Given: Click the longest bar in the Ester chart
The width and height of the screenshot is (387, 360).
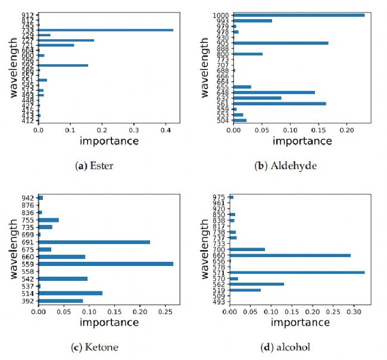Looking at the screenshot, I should (105, 30).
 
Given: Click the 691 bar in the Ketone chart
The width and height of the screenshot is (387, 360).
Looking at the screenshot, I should (94, 242).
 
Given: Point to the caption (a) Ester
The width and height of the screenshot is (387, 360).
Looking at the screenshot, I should (96, 165).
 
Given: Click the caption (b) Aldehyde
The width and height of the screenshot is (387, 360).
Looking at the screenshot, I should (291, 165).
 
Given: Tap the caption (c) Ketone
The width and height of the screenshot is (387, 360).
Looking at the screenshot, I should (96, 347).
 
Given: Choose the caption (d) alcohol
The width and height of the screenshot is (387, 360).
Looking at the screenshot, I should (291, 347).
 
